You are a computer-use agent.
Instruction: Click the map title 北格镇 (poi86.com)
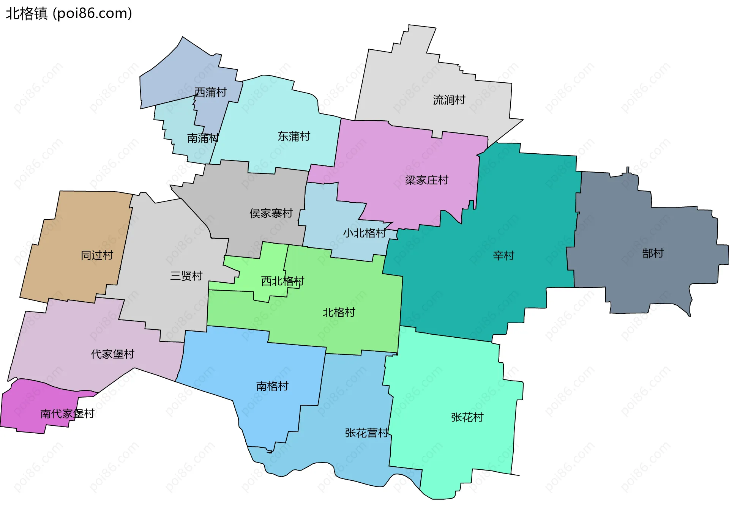click(x=69, y=14)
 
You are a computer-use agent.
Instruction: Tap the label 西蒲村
click(x=210, y=92)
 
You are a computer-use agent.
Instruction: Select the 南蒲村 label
click(x=203, y=138)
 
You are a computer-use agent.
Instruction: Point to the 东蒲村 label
click(x=294, y=136)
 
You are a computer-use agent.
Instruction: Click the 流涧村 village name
click(x=449, y=100)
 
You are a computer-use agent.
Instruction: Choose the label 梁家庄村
click(x=427, y=180)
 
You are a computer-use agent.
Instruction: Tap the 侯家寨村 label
click(x=271, y=213)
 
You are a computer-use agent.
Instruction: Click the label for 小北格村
click(x=364, y=233)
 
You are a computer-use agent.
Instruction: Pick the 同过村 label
click(x=97, y=255)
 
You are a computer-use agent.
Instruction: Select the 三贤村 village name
click(x=186, y=276)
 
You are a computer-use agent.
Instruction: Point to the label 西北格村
click(x=282, y=281)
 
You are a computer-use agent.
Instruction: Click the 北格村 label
click(x=339, y=313)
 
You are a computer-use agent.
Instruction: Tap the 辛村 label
click(x=503, y=256)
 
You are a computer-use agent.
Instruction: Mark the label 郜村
click(x=653, y=253)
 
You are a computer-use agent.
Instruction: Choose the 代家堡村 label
click(x=113, y=354)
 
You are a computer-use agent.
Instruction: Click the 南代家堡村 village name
click(x=67, y=414)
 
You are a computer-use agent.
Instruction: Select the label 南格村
click(x=272, y=386)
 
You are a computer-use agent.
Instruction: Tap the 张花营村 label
click(x=367, y=433)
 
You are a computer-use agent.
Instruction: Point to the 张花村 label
click(x=467, y=417)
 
